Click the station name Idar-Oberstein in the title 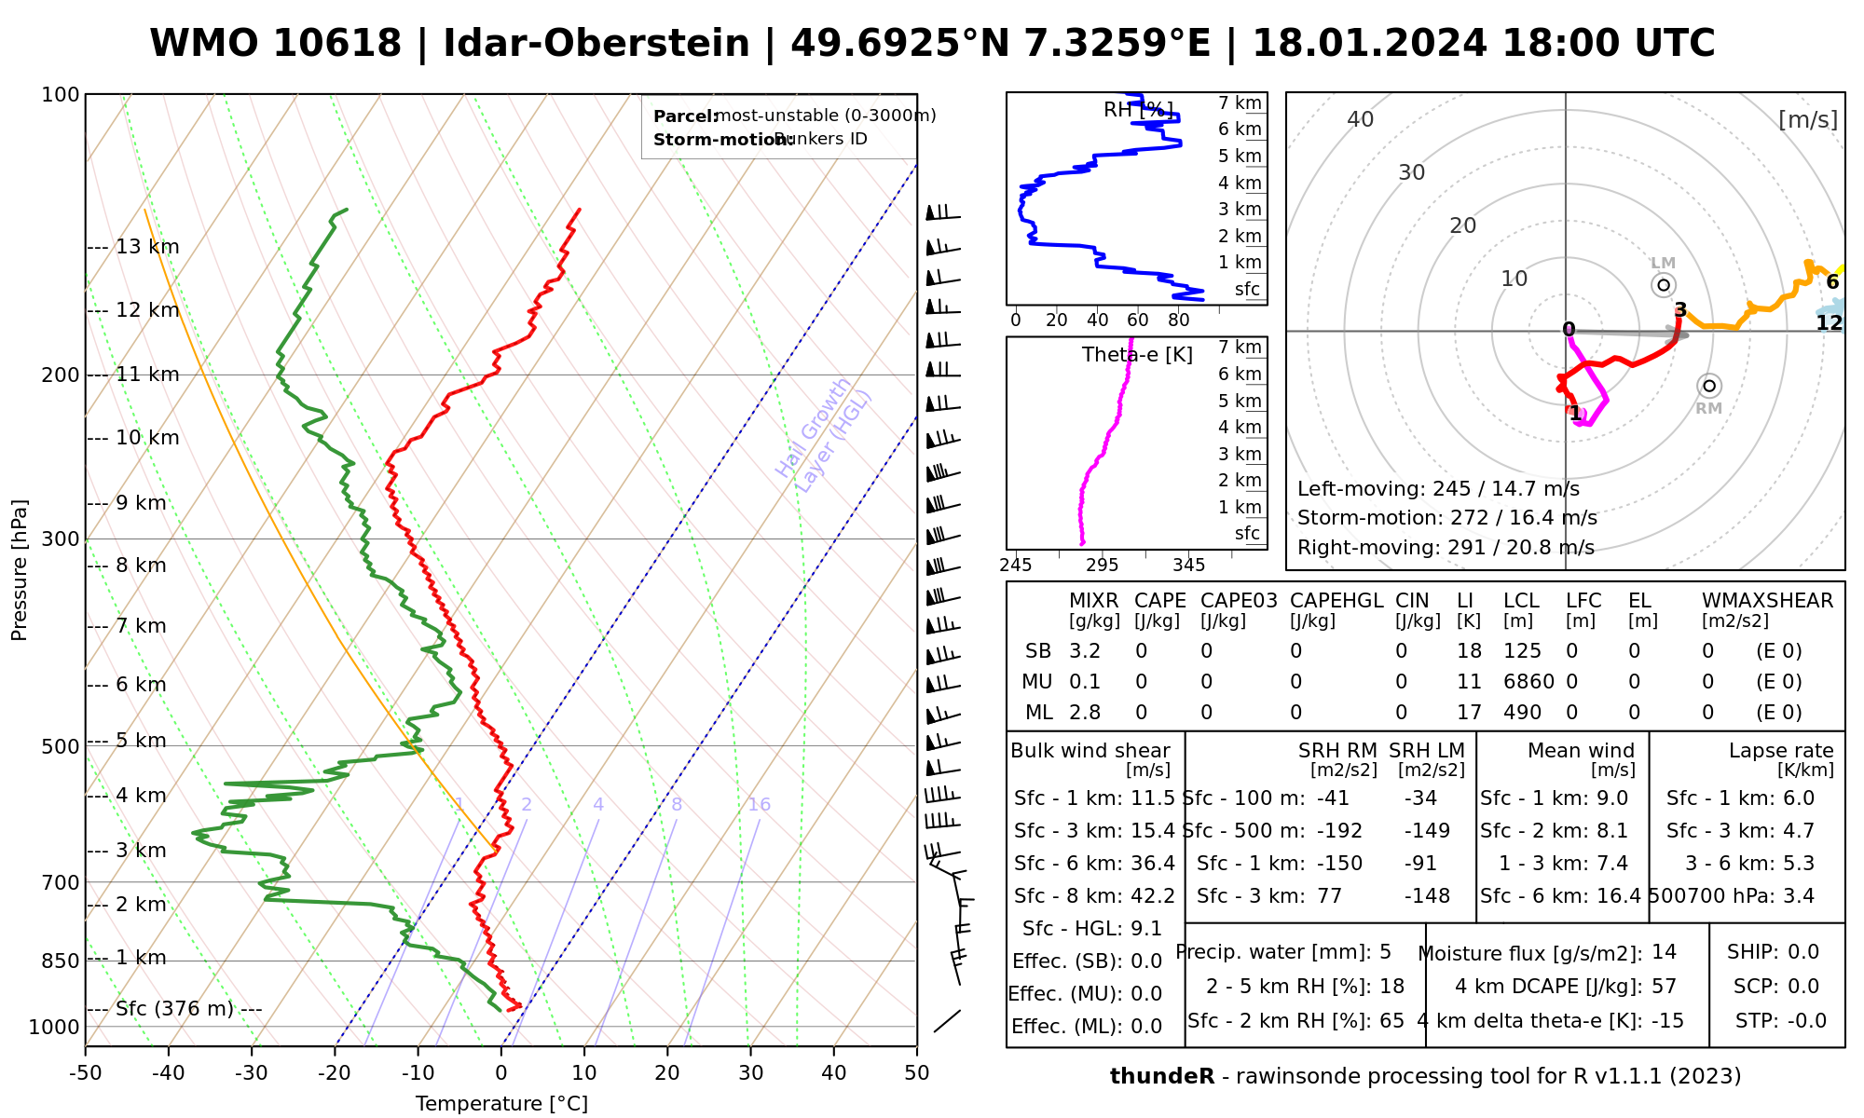(596, 44)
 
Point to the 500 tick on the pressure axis (61, 746)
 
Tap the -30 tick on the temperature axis (252, 1073)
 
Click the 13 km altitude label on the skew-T (147, 247)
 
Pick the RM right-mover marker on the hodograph (1708, 387)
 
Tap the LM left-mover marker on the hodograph (1664, 284)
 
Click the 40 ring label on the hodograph (1361, 119)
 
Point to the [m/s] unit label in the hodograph (1807, 120)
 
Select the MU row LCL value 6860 (1528, 682)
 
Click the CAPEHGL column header (1336, 601)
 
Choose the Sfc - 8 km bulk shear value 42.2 (1153, 896)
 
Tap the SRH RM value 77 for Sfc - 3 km (1329, 896)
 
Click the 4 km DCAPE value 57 (1664, 987)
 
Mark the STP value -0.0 (1806, 1021)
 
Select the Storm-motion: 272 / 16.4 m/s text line (1446, 518)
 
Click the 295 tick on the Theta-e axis (1103, 566)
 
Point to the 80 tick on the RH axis (1178, 320)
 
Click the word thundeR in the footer (1161, 1077)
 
